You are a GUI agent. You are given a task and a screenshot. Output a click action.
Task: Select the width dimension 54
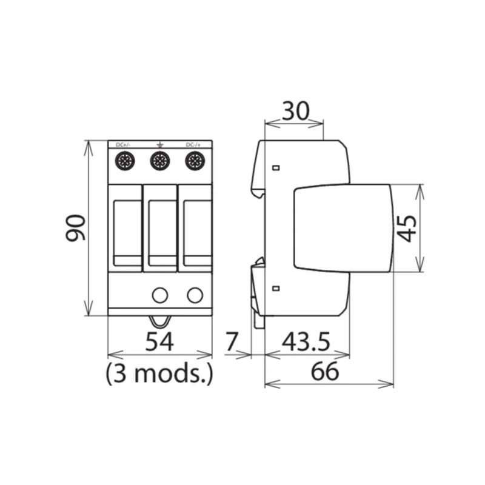159,343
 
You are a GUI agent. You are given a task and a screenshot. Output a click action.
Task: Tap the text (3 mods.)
159,373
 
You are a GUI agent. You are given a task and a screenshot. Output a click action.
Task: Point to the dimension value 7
232,343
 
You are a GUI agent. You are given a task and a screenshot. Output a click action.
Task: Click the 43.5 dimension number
306,343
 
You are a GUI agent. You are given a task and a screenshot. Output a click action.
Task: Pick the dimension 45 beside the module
408,228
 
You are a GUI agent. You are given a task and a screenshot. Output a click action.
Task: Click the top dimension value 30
295,111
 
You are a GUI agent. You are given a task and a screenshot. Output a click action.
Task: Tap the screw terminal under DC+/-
125,161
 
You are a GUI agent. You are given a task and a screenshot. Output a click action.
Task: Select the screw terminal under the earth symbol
159,161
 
